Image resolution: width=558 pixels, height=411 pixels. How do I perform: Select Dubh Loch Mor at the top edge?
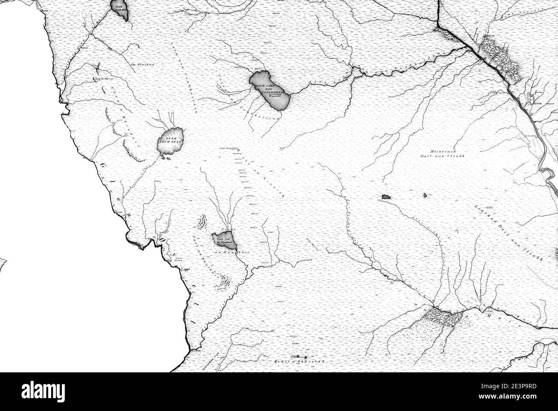120,9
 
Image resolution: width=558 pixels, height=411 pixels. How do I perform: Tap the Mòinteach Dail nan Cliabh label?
442,155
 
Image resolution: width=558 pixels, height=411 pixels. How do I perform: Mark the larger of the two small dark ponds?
385,197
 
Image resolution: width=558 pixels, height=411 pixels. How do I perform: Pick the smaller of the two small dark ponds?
425,196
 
